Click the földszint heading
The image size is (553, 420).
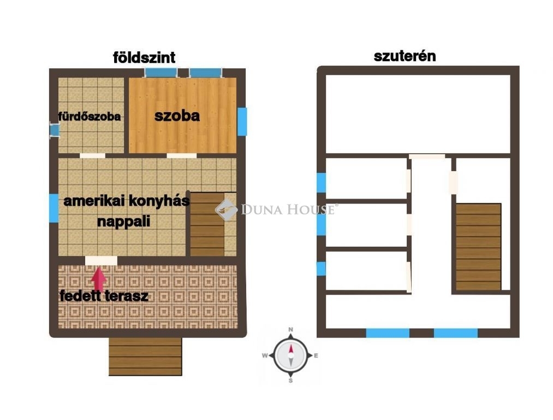[x=144, y=57]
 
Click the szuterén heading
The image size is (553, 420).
[x=405, y=56]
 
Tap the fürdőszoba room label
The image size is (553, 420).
[x=90, y=116]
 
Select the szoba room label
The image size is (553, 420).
[x=177, y=116]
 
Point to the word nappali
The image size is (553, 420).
[x=124, y=221]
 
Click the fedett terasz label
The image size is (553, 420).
[x=104, y=296]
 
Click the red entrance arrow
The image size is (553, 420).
[x=99, y=279]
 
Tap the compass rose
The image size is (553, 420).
[x=290, y=355]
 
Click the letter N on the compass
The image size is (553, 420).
[x=290, y=330]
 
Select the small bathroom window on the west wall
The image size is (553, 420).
[x=54, y=130]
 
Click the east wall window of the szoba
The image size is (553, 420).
[x=242, y=121]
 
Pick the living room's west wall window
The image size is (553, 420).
[x=53, y=208]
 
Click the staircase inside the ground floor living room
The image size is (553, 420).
[x=207, y=224]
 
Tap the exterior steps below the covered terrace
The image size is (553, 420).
[x=145, y=357]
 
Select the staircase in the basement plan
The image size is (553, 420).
[x=478, y=247]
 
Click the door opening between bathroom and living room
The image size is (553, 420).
[x=92, y=155]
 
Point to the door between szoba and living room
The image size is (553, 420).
[x=182, y=155]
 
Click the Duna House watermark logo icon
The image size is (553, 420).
[x=227, y=210]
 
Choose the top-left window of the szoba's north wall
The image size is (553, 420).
[x=161, y=73]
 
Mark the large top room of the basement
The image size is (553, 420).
[x=418, y=114]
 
